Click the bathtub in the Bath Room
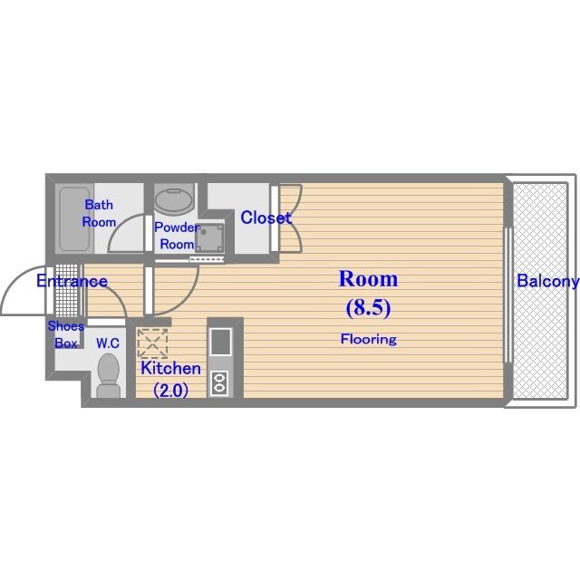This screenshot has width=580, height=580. [x=74, y=218]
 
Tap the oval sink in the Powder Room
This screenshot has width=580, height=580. [x=174, y=199]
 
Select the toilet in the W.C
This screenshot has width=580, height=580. [x=109, y=375]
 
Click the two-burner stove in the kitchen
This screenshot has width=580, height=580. [x=219, y=382]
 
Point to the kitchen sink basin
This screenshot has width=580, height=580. [x=220, y=342]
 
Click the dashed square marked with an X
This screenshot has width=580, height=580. [x=152, y=343]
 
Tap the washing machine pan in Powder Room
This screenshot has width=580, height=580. [x=209, y=237]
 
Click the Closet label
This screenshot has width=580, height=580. [x=266, y=217]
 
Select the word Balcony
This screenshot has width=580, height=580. [x=547, y=281]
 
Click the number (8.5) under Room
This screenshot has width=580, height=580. [x=369, y=308]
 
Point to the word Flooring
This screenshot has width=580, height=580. [x=369, y=339]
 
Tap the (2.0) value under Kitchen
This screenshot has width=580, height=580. [x=171, y=390]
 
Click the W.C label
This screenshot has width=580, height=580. [x=108, y=343]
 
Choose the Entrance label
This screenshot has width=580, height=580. [x=72, y=281]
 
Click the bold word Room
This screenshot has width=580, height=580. [x=369, y=279]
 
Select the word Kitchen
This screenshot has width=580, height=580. [x=171, y=369]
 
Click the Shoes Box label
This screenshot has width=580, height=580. [x=66, y=334]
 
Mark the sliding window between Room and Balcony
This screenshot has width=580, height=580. [x=508, y=295]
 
